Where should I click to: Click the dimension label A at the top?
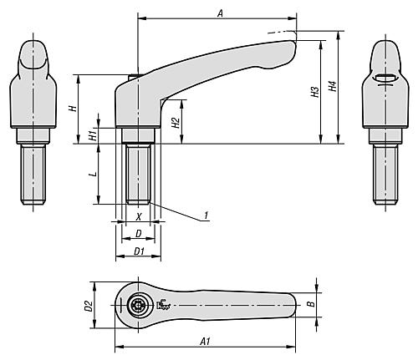(221, 13)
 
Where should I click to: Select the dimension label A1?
(206, 341)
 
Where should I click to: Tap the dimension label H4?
(333, 86)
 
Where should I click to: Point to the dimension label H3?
(315, 92)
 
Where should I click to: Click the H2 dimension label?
(176, 123)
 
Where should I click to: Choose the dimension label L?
(94, 174)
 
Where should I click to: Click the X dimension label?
(139, 217)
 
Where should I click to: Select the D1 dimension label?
(139, 251)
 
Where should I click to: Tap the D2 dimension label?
(89, 306)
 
